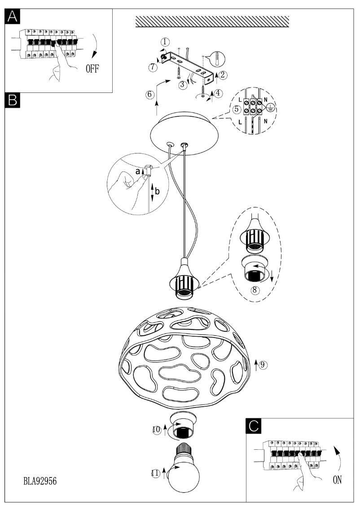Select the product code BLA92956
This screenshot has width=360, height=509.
click(x=40, y=481)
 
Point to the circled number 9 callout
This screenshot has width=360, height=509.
click(x=263, y=364)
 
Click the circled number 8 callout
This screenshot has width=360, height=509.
click(x=255, y=290)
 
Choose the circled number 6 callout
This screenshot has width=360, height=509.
click(x=150, y=94)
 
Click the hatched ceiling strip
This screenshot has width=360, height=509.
click(x=212, y=22)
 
